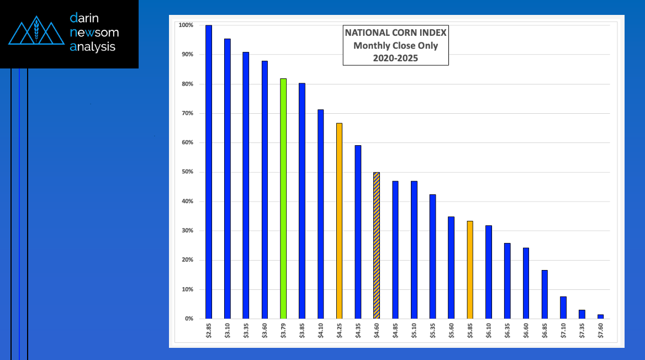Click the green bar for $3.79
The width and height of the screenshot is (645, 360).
pyautogui.click(x=283, y=199)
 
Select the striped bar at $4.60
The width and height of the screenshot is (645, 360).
pyautogui.click(x=377, y=246)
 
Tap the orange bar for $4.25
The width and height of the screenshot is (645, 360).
pyautogui.click(x=339, y=221)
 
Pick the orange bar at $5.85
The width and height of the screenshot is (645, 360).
pyautogui.click(x=470, y=270)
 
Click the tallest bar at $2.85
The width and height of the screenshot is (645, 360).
pyautogui.click(x=209, y=172)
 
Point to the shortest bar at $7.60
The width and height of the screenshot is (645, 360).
pyautogui.click(x=600, y=316)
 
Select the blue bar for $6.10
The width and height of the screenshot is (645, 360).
pyautogui.click(x=489, y=272)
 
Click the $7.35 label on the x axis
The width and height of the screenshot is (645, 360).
pyautogui.click(x=582, y=332)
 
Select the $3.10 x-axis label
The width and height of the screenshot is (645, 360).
pyautogui.click(x=228, y=332)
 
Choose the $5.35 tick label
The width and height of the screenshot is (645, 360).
pyautogui.click(x=432, y=332)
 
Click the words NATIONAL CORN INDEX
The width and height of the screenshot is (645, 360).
pyautogui.click(x=395, y=33)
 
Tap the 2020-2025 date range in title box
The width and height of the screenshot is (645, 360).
pyautogui.click(x=395, y=57)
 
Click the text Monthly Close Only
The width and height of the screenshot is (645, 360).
pyautogui.click(x=395, y=45)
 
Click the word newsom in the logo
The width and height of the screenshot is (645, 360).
pyautogui.click(x=94, y=33)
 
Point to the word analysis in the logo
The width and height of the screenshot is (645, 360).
pyautogui.click(x=93, y=47)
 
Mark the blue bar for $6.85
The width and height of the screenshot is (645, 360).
pyautogui.click(x=544, y=294)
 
